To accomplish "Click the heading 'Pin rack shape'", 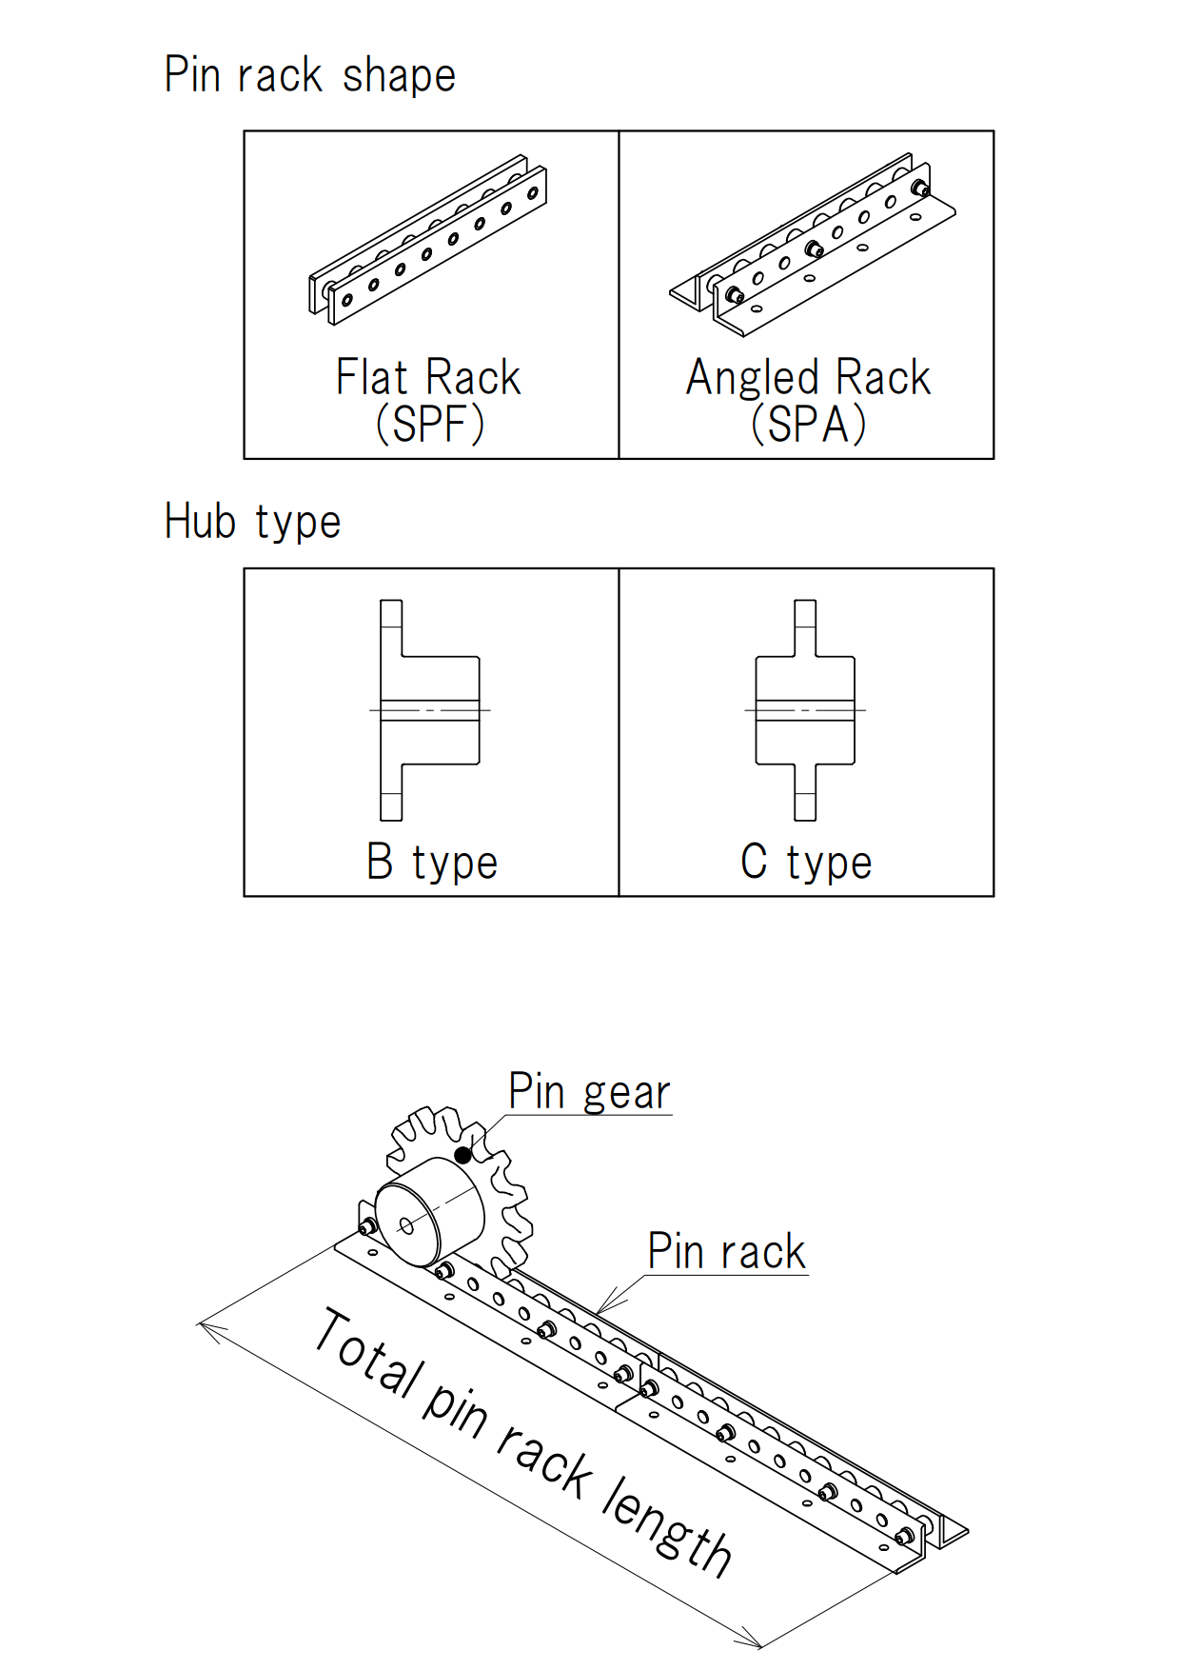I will [x=309, y=75].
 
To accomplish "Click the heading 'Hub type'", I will [x=252, y=522].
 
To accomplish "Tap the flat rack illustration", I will [x=428, y=241].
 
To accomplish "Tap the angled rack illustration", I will [x=812, y=246].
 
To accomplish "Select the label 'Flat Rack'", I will [x=428, y=377].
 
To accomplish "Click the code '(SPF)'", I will [x=430, y=424].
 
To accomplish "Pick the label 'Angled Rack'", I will [x=808, y=377].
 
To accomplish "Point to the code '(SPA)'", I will [x=808, y=424].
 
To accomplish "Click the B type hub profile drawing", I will [x=428, y=710].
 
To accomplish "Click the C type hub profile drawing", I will [x=805, y=710].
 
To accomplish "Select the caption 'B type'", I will [x=432, y=863].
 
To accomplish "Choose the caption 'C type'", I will [x=806, y=863].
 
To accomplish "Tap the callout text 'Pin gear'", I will [x=589, y=1091].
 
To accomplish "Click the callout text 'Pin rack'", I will [x=726, y=1251].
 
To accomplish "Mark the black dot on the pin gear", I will [x=462, y=1155].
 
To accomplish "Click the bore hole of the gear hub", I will [x=406, y=1225].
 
